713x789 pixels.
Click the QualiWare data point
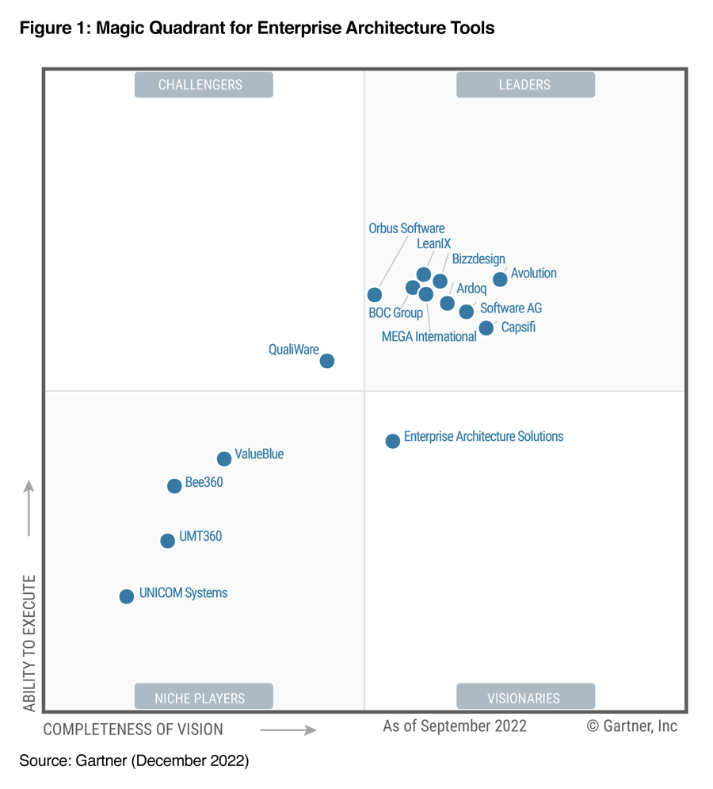point(326,361)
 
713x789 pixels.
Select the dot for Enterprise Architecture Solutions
point(392,441)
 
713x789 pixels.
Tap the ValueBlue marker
point(224,458)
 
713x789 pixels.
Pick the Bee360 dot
point(174,486)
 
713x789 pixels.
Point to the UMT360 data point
point(167,541)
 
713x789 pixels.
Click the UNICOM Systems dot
point(127,596)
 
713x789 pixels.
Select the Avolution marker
point(500,279)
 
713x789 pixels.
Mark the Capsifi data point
point(486,328)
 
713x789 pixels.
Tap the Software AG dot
point(467,312)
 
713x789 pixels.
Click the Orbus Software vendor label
point(406,228)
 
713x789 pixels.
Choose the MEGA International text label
point(429,336)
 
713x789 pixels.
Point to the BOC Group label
point(395,312)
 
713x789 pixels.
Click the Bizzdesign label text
point(479,259)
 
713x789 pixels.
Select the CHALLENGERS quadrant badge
point(204,85)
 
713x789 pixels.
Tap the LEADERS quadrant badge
point(525,85)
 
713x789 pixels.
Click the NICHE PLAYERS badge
point(204,698)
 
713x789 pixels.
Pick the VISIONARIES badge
point(525,698)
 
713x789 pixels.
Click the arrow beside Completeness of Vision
point(288,730)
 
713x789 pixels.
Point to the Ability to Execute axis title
point(29,643)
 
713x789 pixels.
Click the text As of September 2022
point(454,726)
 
